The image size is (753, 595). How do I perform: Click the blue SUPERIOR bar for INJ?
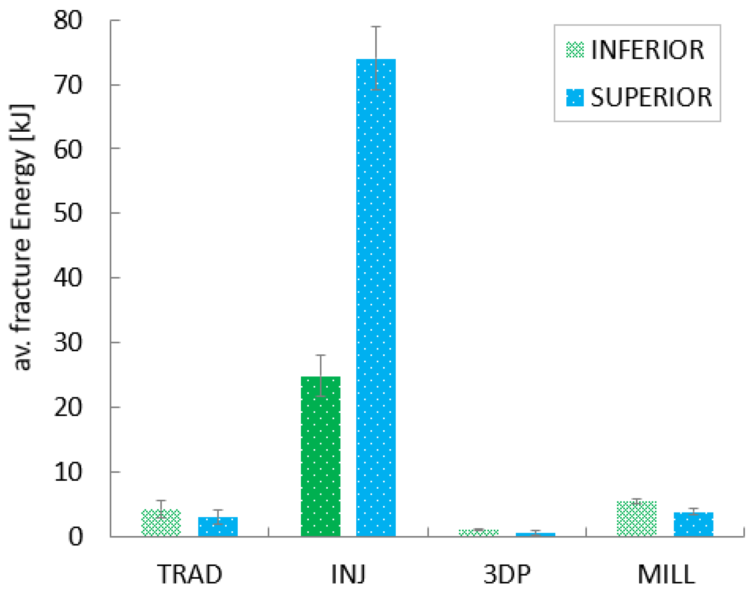coord(376,299)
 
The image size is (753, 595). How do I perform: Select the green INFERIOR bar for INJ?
coord(320,457)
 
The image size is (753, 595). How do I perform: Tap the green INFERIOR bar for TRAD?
coord(161,523)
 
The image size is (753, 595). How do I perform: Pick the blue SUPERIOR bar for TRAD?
coord(218,527)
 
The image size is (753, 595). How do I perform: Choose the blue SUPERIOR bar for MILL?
coord(693,525)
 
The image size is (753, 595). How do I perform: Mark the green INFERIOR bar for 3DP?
coord(478,533)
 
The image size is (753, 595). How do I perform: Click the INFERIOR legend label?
coord(648,50)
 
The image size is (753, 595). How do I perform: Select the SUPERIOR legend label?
coord(651,97)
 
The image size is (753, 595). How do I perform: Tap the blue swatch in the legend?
coord(575,97)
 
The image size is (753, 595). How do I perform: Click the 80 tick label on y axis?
coord(68,20)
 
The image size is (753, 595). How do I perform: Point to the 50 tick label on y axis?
coord(68,213)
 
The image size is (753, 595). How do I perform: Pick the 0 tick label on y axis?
coord(76,537)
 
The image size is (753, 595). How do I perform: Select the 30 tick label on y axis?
coord(68,343)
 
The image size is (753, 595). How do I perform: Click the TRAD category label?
coord(190,574)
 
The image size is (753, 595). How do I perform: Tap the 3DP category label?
coord(507,574)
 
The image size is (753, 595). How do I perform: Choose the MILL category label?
coord(666,574)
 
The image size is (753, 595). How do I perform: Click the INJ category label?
coord(348,574)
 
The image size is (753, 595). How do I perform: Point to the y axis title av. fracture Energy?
coord(23,237)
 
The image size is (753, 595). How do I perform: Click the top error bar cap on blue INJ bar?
coord(376,27)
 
